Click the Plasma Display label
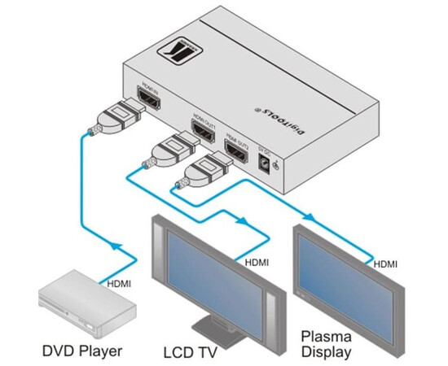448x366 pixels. pyautogui.click(x=326, y=343)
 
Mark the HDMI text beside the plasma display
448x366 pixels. pyautogui.click(x=386, y=263)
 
